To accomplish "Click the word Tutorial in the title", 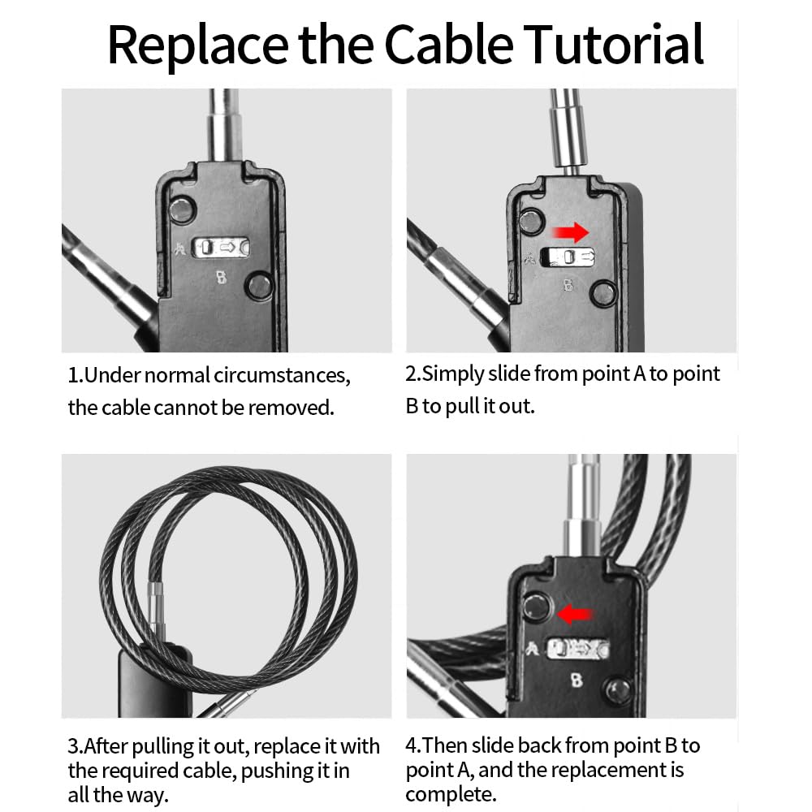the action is [614, 44].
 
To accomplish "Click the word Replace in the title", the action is [197, 46].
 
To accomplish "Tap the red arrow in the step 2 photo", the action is [571, 233].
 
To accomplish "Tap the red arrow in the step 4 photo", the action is [574, 615].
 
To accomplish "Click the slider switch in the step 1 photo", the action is [221, 248].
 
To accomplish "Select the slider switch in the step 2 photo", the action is [567, 257].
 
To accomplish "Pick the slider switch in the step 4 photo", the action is [578, 649].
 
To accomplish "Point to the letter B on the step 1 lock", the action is [221, 277].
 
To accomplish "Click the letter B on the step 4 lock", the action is [577, 680].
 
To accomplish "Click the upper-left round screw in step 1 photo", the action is [182, 209].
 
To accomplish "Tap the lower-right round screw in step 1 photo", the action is [260, 285].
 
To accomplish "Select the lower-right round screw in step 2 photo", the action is [603, 293].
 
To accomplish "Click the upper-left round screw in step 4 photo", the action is [537, 607].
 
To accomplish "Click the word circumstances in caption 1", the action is [282, 375].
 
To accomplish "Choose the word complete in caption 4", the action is [450, 795].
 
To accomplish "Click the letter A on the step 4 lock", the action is [531, 649].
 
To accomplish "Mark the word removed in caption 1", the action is [291, 408].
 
